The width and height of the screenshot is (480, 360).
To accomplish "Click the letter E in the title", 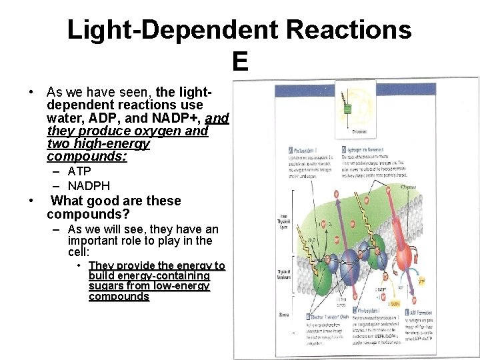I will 240,62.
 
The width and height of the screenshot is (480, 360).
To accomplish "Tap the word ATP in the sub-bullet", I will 79,172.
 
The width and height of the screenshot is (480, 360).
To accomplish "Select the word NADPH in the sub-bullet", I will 89,186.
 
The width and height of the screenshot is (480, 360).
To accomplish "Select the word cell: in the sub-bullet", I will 79,252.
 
